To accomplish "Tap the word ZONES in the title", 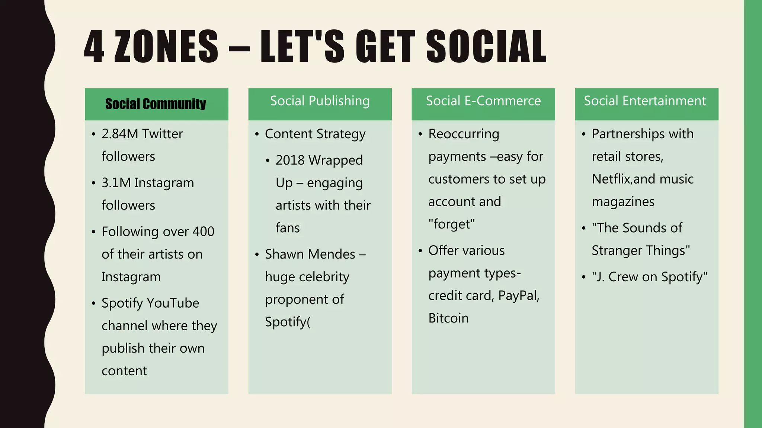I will [x=166, y=46].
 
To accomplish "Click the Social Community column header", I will [x=156, y=104].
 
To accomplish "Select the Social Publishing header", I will [x=320, y=101].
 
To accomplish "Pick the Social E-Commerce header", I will [x=483, y=101].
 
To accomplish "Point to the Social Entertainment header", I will [x=645, y=101].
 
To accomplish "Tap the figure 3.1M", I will [x=116, y=183].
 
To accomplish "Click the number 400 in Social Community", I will [x=203, y=231].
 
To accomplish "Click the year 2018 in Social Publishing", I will [x=290, y=160].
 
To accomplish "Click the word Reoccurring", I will [x=464, y=134].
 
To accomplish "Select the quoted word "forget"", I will [x=452, y=224].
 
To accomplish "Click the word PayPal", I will [x=519, y=296].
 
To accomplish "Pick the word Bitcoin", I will [x=448, y=318].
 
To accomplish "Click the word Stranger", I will [x=614, y=250].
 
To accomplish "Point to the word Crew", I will [x=623, y=277].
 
